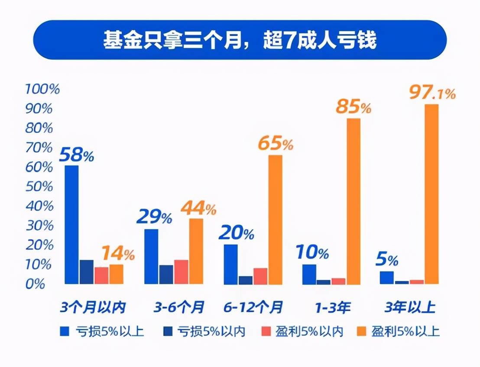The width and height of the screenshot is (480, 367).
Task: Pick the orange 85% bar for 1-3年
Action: point(354,201)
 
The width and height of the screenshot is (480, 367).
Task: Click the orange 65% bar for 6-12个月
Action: point(275,219)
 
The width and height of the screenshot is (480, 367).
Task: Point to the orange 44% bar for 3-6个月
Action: point(196,251)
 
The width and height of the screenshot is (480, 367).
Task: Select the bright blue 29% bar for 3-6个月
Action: point(151,256)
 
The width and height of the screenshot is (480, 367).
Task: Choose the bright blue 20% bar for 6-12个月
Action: point(231,264)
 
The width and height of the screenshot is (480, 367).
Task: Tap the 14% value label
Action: point(118,253)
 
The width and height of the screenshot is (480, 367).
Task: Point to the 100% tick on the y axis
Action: point(42,89)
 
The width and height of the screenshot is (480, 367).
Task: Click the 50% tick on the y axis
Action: point(39,187)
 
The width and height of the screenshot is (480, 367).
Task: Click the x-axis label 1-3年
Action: point(333,308)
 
